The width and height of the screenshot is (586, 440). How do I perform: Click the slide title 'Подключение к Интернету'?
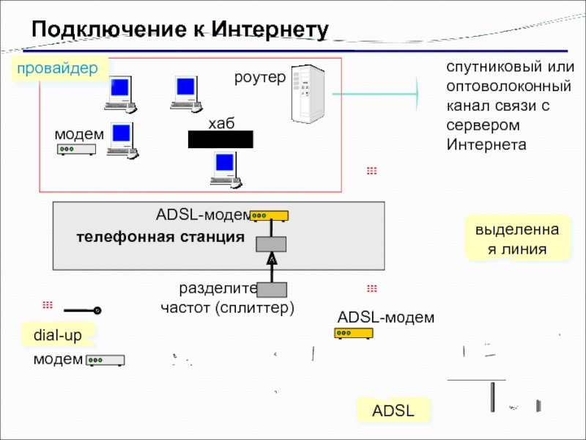(x=179, y=29)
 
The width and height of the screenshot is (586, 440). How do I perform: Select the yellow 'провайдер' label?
(x=58, y=69)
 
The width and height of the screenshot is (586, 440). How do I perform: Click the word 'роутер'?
(x=259, y=77)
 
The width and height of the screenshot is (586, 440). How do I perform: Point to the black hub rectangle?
(x=220, y=139)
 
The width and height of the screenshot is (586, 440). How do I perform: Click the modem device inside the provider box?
(x=77, y=150)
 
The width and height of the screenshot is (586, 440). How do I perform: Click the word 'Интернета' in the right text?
(x=486, y=144)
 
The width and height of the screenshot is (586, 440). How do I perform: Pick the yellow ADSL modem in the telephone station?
(x=269, y=216)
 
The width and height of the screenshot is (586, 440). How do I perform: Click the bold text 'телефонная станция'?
(x=160, y=238)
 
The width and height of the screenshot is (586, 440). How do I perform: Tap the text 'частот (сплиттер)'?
(x=227, y=307)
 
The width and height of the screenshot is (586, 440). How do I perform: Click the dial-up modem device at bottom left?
(x=105, y=360)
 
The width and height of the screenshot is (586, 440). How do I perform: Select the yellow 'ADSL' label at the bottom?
(x=393, y=411)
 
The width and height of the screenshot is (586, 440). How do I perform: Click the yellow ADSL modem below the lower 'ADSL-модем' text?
(x=354, y=333)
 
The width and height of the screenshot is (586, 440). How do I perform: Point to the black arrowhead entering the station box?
(x=271, y=258)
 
